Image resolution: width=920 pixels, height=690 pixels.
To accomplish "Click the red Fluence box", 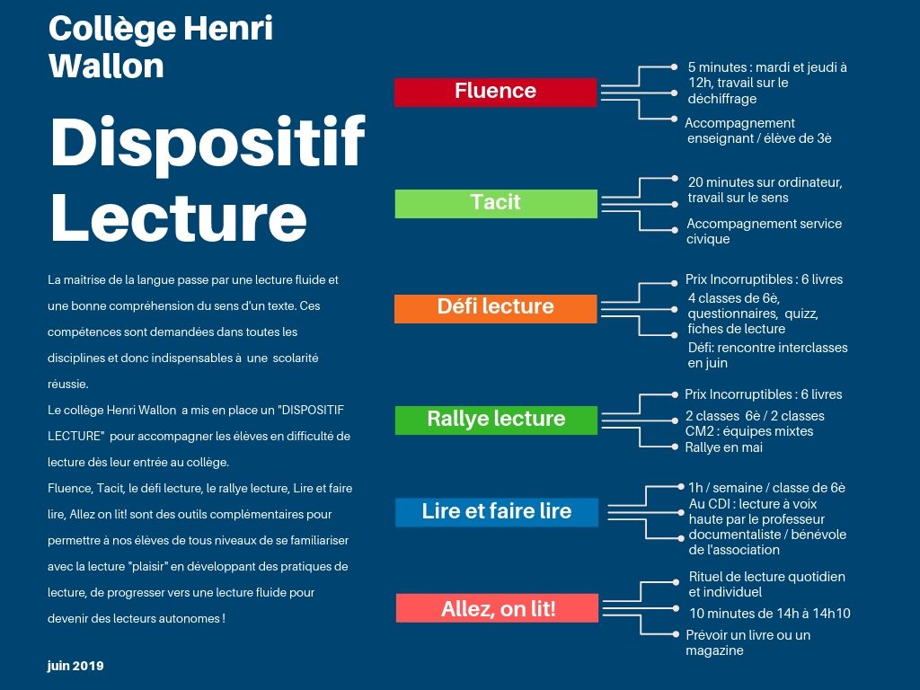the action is pyautogui.click(x=496, y=93).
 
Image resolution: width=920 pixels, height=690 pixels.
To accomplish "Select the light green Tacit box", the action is pyautogui.click(x=496, y=204).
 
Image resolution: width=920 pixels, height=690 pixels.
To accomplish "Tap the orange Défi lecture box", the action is pyautogui.click(x=496, y=309).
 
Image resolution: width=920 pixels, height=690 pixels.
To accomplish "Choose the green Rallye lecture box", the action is pyautogui.click(x=496, y=420).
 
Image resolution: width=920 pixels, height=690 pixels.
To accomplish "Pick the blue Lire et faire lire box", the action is pyautogui.click(x=497, y=512).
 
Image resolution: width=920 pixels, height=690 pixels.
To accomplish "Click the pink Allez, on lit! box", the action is pyautogui.click(x=498, y=608).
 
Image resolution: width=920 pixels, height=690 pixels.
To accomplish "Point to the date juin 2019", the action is pyautogui.click(x=75, y=666).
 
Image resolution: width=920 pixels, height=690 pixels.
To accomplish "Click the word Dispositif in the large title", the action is pyautogui.click(x=208, y=142).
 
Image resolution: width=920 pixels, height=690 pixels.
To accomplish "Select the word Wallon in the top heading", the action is pyautogui.click(x=106, y=65).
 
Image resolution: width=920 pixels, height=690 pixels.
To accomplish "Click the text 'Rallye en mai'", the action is pyautogui.click(x=724, y=447).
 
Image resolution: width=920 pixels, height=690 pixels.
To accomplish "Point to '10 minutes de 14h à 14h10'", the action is pyautogui.click(x=770, y=613).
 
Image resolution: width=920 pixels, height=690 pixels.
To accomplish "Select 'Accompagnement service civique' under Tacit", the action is pyautogui.click(x=764, y=231).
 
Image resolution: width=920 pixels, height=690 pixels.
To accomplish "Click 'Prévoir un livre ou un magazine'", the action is pyautogui.click(x=748, y=642).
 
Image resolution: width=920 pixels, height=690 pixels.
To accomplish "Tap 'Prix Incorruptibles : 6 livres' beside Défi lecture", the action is pyautogui.click(x=764, y=279).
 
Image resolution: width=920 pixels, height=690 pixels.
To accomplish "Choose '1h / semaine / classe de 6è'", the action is pyautogui.click(x=767, y=488).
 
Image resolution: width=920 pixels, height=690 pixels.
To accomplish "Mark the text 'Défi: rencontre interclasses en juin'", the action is pyautogui.click(x=767, y=355).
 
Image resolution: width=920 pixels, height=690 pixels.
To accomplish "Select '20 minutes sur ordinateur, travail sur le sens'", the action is pyautogui.click(x=765, y=190).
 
